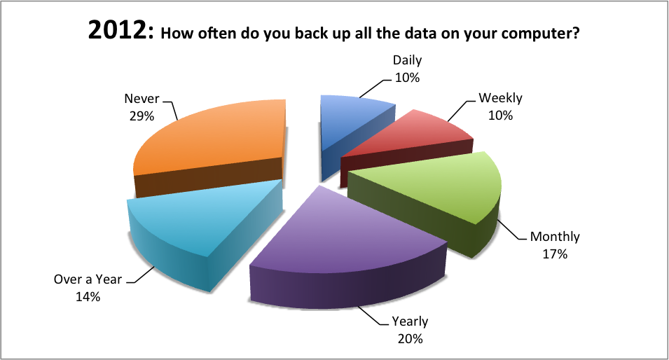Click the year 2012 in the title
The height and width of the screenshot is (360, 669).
[x=120, y=31]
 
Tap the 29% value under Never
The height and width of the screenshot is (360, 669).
[x=142, y=116]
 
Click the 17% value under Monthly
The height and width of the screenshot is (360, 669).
[x=555, y=254]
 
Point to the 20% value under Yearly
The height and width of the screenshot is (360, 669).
[x=410, y=339]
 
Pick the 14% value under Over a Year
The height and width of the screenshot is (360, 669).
[x=88, y=296]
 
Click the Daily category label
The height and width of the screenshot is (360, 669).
[x=408, y=60]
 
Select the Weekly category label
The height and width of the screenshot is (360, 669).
[x=500, y=98]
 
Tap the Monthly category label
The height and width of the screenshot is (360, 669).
[x=555, y=237]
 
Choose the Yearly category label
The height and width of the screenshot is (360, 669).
[x=410, y=321]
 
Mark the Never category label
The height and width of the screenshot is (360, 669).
[x=142, y=99]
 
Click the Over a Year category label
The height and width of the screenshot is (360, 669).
[x=88, y=279]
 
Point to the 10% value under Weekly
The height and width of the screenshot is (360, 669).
[x=500, y=116]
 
